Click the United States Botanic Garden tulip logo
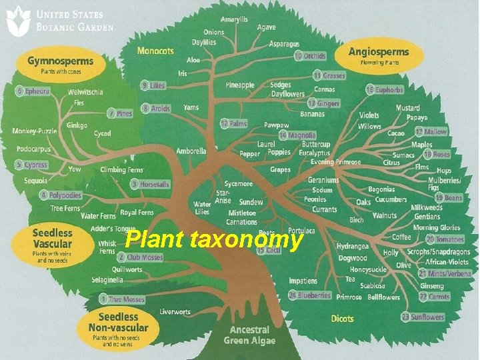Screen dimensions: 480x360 click(18, 20)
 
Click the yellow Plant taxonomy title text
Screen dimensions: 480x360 click(213, 239)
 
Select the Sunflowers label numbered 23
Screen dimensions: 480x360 click(423, 317)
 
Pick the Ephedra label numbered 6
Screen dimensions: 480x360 click(33, 91)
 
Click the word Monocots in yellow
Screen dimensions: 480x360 click(155, 51)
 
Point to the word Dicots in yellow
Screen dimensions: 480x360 click(342, 319)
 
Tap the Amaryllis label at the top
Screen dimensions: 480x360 click(234, 19)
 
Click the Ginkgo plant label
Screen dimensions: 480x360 click(77, 125)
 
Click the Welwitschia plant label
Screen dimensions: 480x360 click(85, 93)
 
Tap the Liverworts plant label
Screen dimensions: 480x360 click(175, 311)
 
